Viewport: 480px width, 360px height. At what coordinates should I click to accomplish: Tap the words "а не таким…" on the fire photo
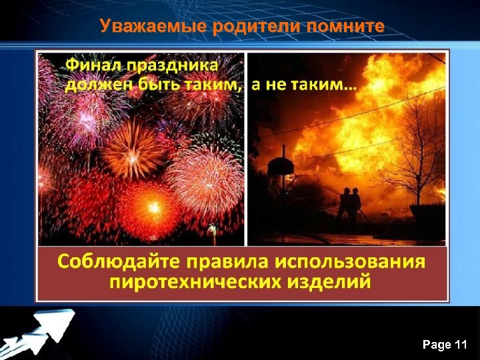pos(304,85)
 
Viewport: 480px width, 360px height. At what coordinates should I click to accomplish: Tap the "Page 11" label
pos(445,345)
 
